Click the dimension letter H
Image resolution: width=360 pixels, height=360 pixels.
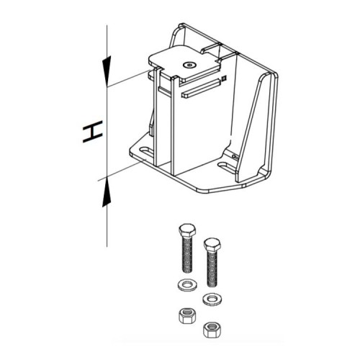93,132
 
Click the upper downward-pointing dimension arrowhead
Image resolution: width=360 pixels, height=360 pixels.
107,71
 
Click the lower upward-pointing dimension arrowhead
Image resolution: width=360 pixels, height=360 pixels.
107,192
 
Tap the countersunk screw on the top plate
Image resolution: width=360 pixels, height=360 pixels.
189,65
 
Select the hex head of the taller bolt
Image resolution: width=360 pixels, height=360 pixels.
187,230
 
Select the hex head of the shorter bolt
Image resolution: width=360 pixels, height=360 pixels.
212,244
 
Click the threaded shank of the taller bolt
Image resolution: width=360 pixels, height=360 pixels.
187,254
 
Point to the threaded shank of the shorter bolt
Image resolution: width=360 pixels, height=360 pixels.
212,269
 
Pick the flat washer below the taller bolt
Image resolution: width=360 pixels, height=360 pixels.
187,285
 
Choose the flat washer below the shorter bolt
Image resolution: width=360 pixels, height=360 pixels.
212,300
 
